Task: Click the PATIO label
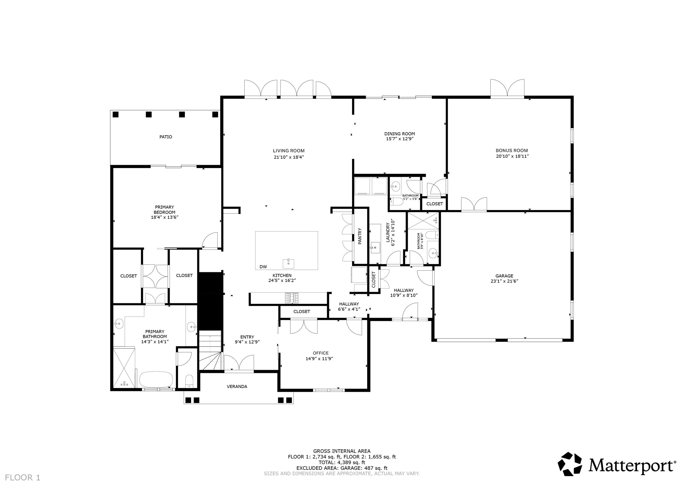pos(166,137)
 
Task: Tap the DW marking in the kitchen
pos(263,267)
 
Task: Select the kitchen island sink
pos(288,264)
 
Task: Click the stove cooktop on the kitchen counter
pos(291,298)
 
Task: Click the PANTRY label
pos(360,236)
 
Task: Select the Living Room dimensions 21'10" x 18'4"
pos(289,157)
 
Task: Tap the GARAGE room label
pos(504,276)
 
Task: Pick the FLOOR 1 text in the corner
pos(23,478)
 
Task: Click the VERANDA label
pos(237,387)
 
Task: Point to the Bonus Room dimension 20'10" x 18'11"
pos(512,156)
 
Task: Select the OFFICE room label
pos(321,353)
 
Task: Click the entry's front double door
pos(239,364)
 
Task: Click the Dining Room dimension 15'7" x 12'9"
pos(399,139)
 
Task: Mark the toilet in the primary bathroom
pos(189,381)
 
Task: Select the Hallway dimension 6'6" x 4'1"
pos(349,309)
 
